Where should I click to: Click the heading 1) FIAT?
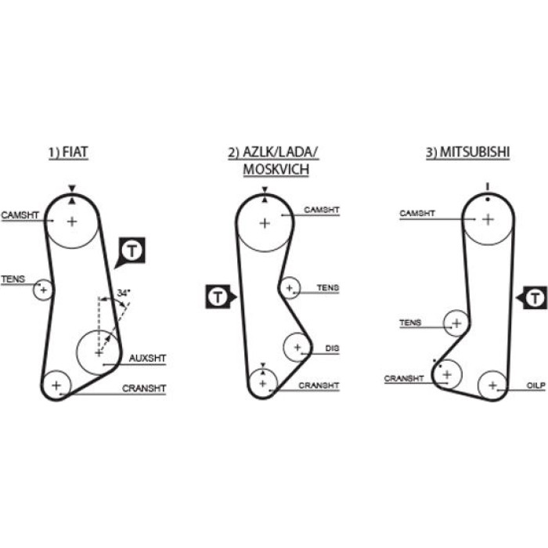pyautogui.click(x=68, y=153)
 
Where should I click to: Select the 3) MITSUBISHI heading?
pyautogui.click(x=467, y=153)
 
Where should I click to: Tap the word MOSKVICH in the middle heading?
pyautogui.click(x=276, y=170)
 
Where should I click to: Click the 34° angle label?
pyautogui.click(x=124, y=293)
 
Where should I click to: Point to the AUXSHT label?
pyautogui.click(x=147, y=359)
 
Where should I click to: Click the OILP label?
pyautogui.click(x=535, y=385)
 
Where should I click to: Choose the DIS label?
pyautogui.click(x=332, y=348)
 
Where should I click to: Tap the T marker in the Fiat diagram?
pyautogui.click(x=132, y=251)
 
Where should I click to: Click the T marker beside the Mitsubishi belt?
pyautogui.click(x=532, y=298)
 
